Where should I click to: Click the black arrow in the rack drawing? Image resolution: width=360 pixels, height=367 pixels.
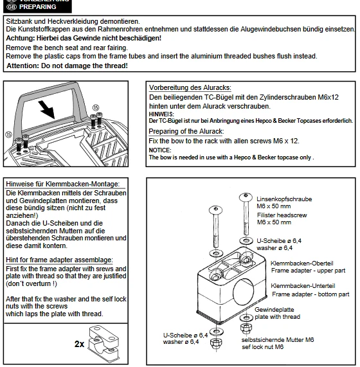coord(47,109)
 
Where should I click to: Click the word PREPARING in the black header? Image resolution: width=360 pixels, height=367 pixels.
coord(38,7)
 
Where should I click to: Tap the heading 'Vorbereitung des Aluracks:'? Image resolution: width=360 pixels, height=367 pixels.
coord(190,87)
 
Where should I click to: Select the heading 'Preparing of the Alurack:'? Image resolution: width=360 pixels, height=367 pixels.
coord(186,131)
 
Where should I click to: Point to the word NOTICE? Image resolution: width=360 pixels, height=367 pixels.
coord(160,150)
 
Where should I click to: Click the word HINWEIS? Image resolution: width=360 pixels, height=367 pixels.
coord(161,114)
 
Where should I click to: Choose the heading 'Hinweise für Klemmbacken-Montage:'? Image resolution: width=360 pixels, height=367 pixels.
coord(63,184)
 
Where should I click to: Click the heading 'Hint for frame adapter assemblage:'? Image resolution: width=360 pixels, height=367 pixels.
coord(59,260)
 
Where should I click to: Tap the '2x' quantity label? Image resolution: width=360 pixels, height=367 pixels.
coord(79,344)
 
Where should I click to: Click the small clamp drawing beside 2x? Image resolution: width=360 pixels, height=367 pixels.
coord(104,343)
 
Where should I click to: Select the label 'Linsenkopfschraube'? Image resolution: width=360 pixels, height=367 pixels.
coord(284,199)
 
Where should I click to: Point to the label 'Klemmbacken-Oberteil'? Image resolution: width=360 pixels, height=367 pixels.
coord(302,264)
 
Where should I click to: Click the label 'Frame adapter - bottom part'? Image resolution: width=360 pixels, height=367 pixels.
coord(310,294)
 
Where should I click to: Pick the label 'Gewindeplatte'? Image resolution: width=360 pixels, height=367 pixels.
coord(274,310)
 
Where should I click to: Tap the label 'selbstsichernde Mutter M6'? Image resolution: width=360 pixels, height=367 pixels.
coord(278,339)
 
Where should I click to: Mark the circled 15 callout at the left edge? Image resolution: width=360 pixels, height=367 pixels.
coord(8,134)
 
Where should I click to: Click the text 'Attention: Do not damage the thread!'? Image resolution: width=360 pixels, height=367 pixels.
coord(67,66)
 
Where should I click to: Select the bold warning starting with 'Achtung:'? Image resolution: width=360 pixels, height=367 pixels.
coord(84,38)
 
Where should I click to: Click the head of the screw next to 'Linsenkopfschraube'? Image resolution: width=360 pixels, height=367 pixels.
coord(246,197)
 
